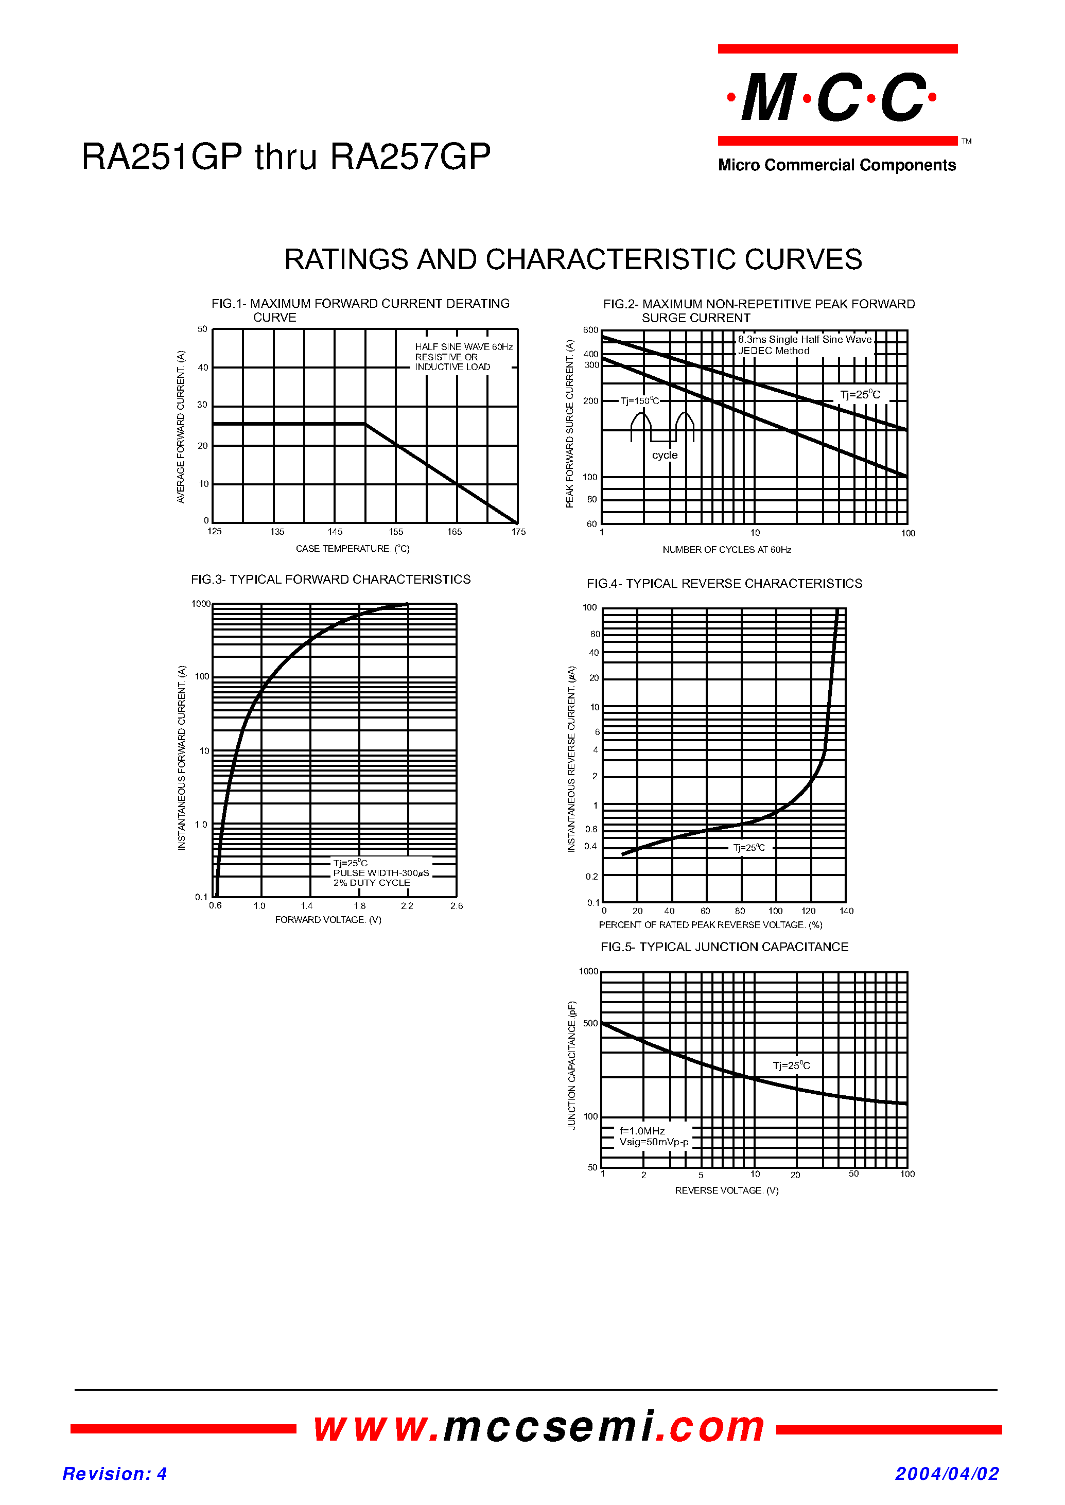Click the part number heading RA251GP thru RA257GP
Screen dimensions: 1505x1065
coord(286,157)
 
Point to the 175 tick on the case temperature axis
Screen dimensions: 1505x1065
coord(518,532)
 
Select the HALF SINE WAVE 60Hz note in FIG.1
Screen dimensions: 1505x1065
coord(464,347)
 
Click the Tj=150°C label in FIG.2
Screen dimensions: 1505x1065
coord(639,400)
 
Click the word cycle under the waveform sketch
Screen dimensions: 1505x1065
coord(665,455)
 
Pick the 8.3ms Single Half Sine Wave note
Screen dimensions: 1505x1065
coord(805,340)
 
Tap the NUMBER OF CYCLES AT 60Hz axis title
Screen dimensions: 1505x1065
coord(727,550)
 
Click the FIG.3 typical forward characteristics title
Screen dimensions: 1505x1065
coord(330,580)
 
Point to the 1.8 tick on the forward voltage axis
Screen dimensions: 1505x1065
coord(359,906)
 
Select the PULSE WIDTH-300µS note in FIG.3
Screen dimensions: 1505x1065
coord(380,873)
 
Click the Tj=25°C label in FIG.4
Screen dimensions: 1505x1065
coord(749,848)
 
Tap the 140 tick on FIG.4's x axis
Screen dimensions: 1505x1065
coord(846,911)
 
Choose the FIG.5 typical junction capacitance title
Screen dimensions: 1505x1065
coord(724,947)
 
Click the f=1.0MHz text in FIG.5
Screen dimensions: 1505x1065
coord(642,1131)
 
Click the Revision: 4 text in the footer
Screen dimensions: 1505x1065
coord(115,1474)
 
